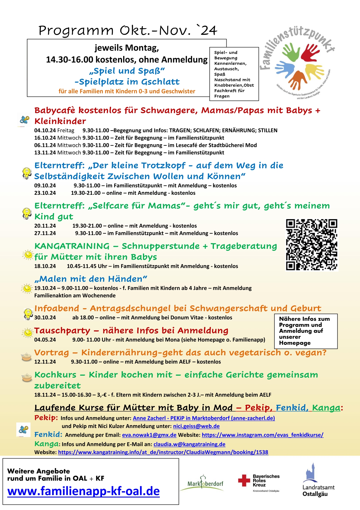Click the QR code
click(312, 245)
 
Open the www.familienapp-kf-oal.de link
click(83, 491)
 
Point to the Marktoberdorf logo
click(205, 483)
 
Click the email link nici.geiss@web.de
click(196, 426)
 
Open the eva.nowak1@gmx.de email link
click(149, 435)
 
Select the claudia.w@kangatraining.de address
click(189, 444)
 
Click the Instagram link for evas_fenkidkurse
click(262, 435)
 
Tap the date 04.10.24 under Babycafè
click(45, 131)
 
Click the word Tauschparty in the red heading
click(62, 331)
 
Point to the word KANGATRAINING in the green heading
click(72, 246)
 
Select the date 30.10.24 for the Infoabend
click(45, 318)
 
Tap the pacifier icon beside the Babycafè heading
click(24, 120)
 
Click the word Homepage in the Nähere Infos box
click(295, 343)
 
